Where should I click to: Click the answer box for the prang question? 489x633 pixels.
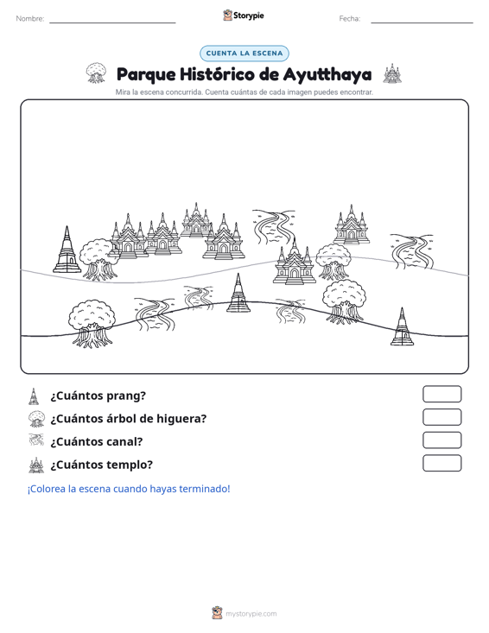click(x=441, y=394)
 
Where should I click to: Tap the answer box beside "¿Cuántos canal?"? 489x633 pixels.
click(x=441, y=440)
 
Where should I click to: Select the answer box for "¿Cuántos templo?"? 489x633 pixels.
click(x=441, y=463)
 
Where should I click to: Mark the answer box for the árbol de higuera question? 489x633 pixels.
click(x=441, y=417)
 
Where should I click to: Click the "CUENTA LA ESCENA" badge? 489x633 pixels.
click(x=244, y=54)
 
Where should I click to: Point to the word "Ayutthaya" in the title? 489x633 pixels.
click(x=327, y=74)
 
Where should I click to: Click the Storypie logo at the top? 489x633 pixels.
click(x=244, y=16)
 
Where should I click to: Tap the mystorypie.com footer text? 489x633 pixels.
click(x=251, y=614)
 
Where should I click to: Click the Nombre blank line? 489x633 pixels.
click(x=112, y=22)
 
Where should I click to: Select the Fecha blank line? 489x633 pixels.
click(x=422, y=22)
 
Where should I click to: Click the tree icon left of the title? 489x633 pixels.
click(x=96, y=73)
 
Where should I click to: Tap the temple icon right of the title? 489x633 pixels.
click(x=392, y=73)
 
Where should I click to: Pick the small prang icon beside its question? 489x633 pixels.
click(x=34, y=396)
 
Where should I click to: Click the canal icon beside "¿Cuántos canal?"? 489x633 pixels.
click(x=36, y=440)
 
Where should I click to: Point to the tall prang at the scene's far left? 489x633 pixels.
click(x=67, y=250)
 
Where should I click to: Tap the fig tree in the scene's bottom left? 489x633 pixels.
click(x=92, y=324)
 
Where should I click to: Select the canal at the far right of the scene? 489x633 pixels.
click(x=412, y=251)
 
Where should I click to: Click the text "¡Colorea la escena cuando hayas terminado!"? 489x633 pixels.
click(x=129, y=489)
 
